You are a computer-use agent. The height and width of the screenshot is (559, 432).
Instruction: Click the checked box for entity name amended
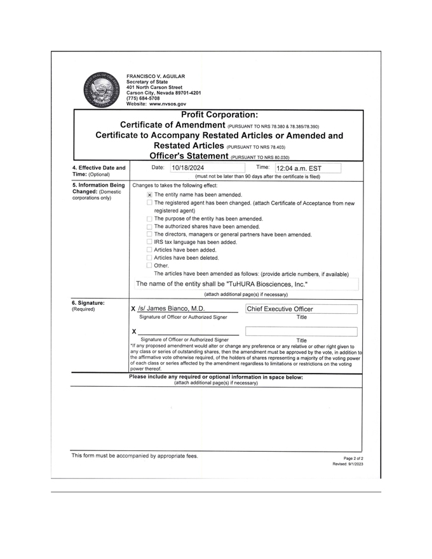[x=149, y=195]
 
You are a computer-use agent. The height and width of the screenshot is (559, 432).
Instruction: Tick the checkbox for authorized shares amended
[x=149, y=227]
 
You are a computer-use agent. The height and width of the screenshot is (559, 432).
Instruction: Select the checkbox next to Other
[x=149, y=266]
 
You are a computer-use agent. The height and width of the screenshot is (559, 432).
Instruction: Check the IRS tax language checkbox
[x=149, y=242]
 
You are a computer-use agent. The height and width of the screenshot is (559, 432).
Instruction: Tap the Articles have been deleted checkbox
[x=149, y=258]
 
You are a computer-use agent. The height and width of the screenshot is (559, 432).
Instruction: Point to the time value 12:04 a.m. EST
[x=299, y=169]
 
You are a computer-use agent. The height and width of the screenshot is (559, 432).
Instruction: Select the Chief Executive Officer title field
[x=300, y=309]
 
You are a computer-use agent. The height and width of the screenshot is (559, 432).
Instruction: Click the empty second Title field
[x=300, y=331]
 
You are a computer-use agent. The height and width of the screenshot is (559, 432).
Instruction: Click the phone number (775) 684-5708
[x=143, y=98]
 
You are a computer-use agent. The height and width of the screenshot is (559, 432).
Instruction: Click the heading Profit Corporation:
[x=219, y=115]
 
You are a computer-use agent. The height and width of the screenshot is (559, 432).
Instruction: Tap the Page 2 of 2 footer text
[x=353, y=458]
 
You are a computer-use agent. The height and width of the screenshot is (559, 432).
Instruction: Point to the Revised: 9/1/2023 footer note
[x=348, y=464]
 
